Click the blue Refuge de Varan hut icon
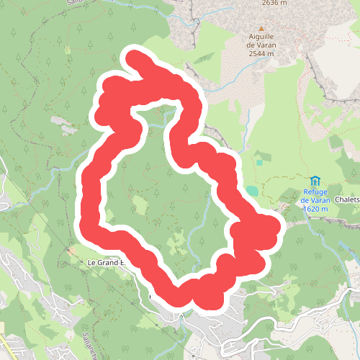pos(315,180)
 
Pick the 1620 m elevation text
pos(315,209)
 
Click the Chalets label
pos(347,200)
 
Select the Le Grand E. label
pos(104,263)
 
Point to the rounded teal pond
pos(251,192)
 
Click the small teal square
pos(258,162)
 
